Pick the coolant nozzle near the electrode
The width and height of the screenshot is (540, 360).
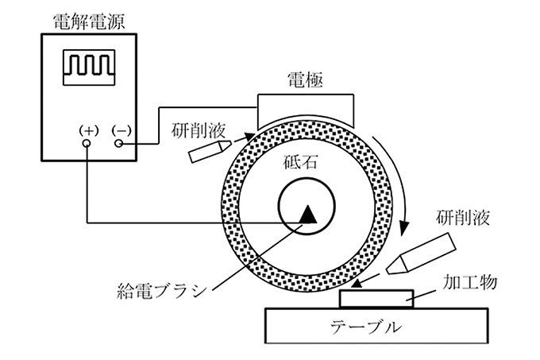click(206, 152)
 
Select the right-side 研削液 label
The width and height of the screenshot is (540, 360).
click(465, 217)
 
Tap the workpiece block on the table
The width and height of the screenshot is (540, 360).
click(376, 299)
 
